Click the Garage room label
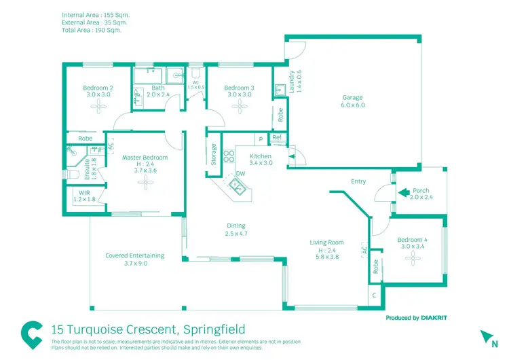[352, 98]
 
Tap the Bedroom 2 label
[98, 88]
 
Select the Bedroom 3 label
[239, 88]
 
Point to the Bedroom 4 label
[413, 240]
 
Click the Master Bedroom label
[145, 158]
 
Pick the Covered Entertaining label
[135, 255]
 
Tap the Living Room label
[326, 242]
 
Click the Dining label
[235, 226]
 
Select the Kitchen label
[261, 156]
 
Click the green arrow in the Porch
[402, 192]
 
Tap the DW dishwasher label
[240, 174]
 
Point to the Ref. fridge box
[277, 138]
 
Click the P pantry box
[260, 139]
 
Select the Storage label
[214, 154]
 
